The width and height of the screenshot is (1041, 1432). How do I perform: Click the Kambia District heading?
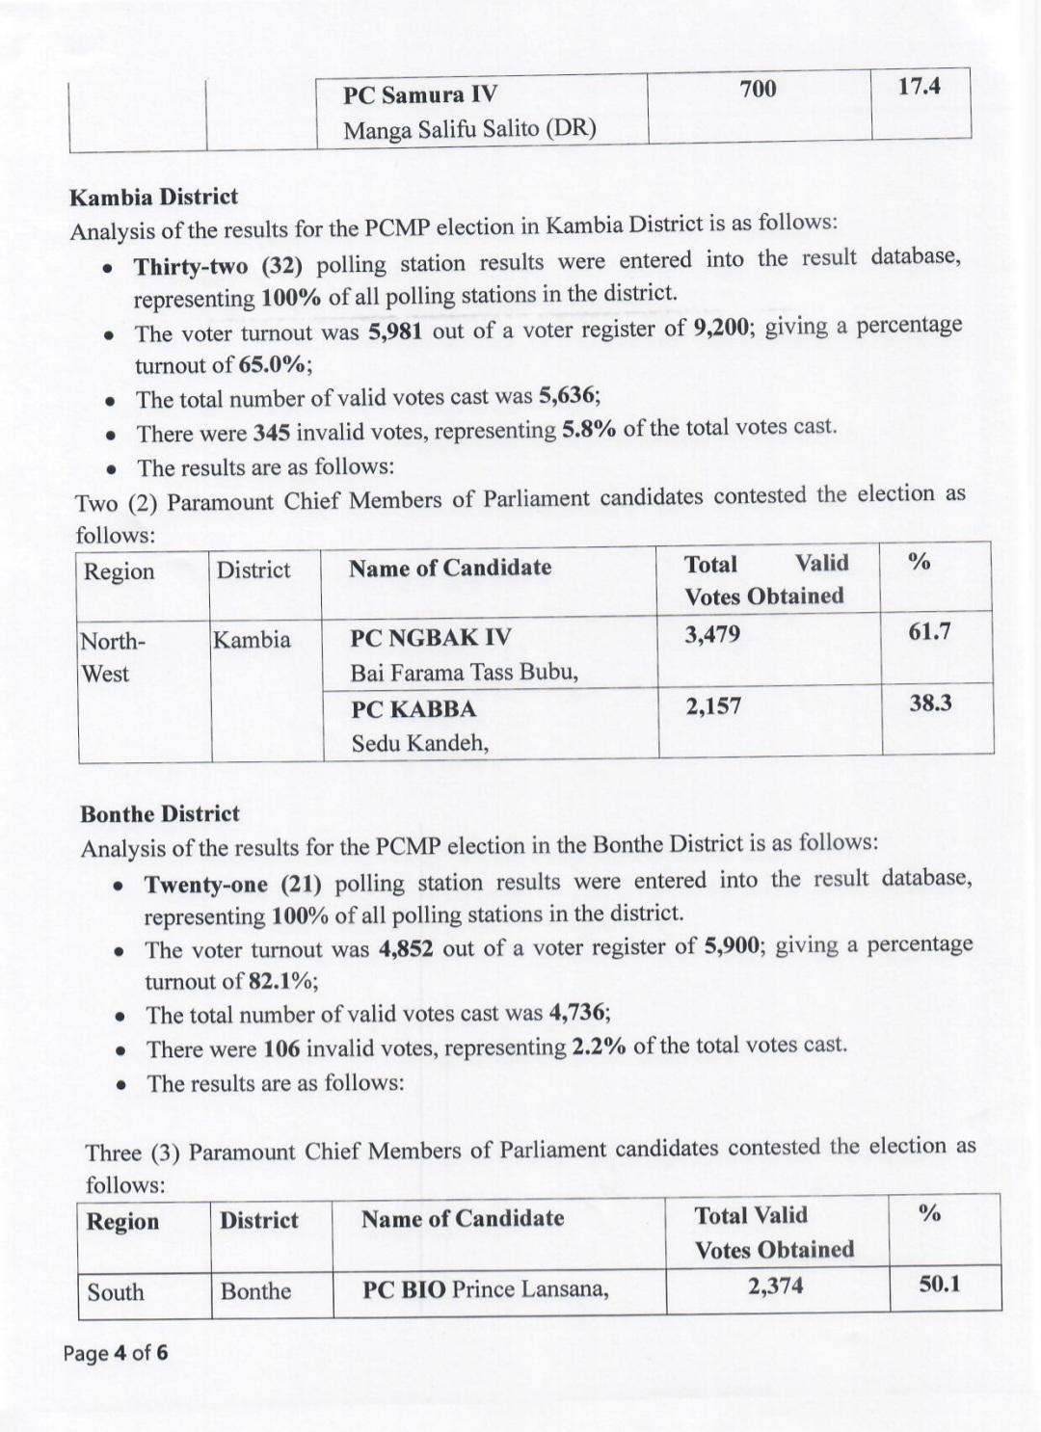pyautogui.click(x=153, y=198)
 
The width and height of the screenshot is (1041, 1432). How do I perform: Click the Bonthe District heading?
pyautogui.click(x=160, y=814)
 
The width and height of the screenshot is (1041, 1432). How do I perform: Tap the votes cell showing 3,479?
pyautogui.click(x=712, y=635)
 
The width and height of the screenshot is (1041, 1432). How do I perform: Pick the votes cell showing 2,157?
pyautogui.click(x=713, y=706)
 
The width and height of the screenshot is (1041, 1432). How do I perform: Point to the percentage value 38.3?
pyautogui.click(x=930, y=703)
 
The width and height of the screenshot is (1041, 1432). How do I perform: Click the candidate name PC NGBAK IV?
pyautogui.click(x=431, y=638)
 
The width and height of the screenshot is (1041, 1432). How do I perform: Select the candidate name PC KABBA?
pyautogui.click(x=414, y=709)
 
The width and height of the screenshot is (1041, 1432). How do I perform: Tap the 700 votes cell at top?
pyautogui.click(x=758, y=90)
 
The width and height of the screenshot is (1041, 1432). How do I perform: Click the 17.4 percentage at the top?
pyautogui.click(x=919, y=87)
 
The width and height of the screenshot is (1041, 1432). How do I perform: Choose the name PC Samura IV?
pyautogui.click(x=420, y=94)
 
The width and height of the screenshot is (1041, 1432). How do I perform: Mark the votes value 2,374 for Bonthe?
pyautogui.click(x=775, y=1286)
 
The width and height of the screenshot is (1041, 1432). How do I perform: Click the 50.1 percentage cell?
pyautogui.click(x=939, y=1284)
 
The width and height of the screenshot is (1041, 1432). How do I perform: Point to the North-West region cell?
pyautogui.click(x=111, y=657)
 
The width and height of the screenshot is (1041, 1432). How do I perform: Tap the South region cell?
pyautogui.click(x=116, y=1292)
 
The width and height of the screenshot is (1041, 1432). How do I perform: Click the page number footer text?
pyautogui.click(x=116, y=1353)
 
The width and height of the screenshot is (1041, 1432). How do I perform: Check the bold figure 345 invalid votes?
pyautogui.click(x=271, y=433)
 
